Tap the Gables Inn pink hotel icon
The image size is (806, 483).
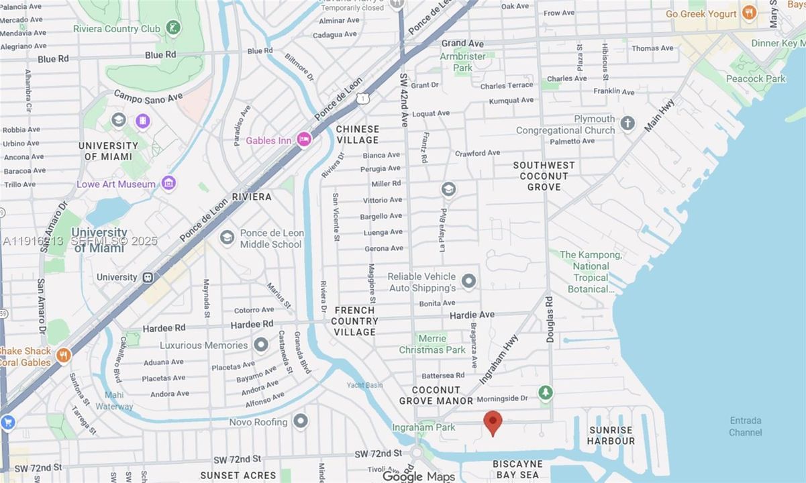pos(303,140)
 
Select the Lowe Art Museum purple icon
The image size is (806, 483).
pos(168,183)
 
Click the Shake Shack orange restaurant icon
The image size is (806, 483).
pos(64,355)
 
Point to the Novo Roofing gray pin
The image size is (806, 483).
pos(301,421)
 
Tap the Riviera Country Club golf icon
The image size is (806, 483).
pos(174,28)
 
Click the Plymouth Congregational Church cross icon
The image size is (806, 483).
pos(627,123)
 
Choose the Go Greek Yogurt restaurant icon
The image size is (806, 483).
pos(750,13)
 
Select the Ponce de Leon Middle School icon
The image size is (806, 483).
pos(228,237)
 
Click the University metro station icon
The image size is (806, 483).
pos(148,277)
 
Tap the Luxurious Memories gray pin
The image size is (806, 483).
pos(261,345)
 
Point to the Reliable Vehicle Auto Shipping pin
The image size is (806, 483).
pos(468,281)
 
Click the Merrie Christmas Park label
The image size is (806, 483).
pos(432,344)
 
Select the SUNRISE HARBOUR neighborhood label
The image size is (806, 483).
pos(611,435)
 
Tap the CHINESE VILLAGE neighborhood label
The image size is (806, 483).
pos(358,134)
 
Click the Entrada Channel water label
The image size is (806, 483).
pos(745,426)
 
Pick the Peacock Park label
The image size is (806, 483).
pos(756,78)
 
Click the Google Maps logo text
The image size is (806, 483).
pos(418,476)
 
